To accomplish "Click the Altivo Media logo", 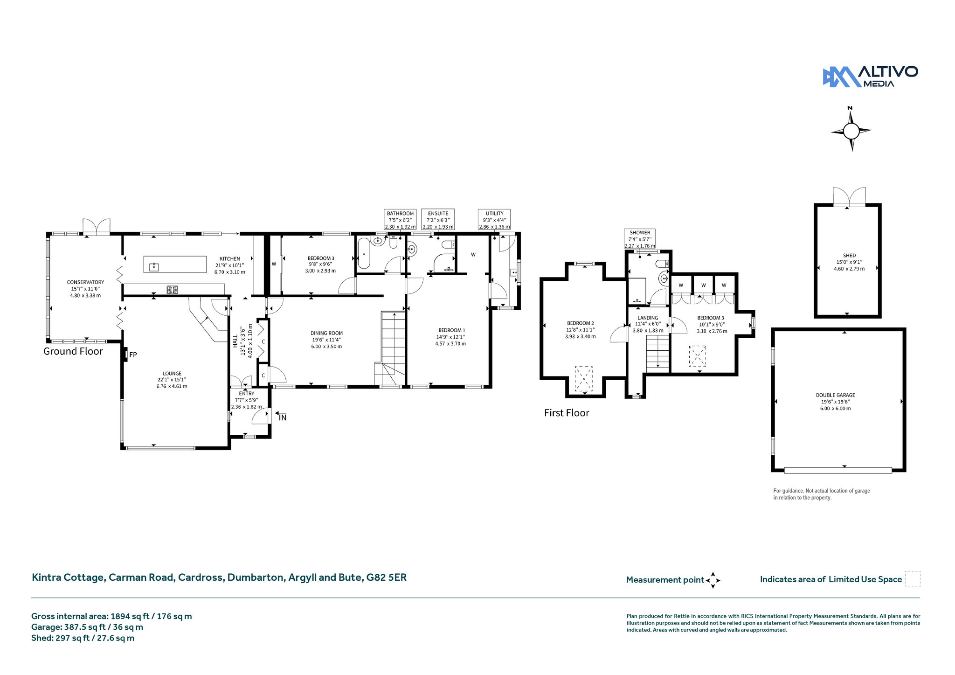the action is pos(870,76).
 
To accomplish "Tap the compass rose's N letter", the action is pos(850,109).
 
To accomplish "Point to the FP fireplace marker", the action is pos(133,355).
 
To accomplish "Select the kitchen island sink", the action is pos(153,267).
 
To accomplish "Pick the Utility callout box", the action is pos(494,220).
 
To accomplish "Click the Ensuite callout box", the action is pos(438,220).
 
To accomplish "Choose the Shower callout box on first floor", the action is pos(640,239).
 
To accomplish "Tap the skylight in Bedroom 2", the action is pos(584,379).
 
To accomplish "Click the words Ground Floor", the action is pos(73,351).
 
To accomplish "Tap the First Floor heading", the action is pos(567,413).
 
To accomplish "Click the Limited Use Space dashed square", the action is pos(913,578).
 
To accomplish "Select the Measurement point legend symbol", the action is pos(713,580).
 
